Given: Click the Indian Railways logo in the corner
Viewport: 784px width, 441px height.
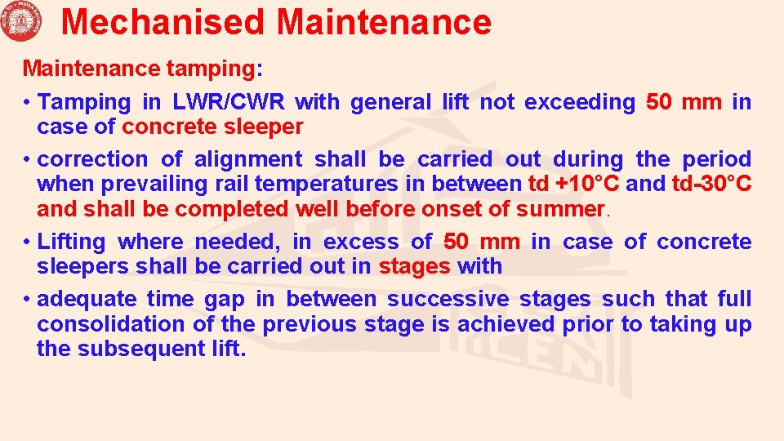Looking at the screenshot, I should (x=20, y=21).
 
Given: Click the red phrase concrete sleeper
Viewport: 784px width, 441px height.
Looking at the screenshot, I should (x=212, y=127).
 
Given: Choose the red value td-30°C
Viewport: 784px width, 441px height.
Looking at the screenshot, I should (x=710, y=184).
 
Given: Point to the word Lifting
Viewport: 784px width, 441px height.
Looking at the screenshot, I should (x=72, y=242).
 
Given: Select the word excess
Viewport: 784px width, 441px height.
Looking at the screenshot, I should (x=357, y=242).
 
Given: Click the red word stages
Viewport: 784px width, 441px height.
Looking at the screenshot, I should (x=415, y=266).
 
